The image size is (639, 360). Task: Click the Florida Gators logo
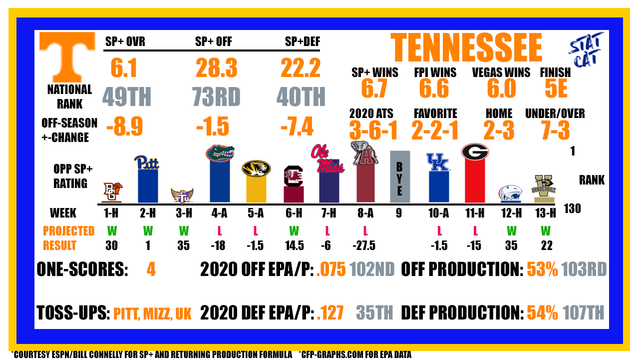tap(220, 153)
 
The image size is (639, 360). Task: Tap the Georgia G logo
tap(475, 151)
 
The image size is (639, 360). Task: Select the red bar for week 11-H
tap(475, 180)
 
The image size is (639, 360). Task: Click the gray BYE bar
tap(400, 176)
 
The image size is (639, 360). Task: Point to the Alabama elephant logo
tap(365, 153)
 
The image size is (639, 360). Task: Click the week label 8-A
tap(365, 213)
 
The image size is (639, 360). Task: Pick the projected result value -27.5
tap(364, 245)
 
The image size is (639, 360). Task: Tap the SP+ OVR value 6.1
tap(124, 68)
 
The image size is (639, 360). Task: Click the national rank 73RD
tap(216, 97)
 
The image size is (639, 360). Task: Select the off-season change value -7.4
tap(297, 126)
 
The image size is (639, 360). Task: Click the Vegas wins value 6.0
tap(502, 88)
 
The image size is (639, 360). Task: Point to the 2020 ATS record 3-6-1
tap(373, 130)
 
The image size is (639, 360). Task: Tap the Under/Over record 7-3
tap(556, 130)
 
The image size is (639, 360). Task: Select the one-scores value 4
tap(151, 269)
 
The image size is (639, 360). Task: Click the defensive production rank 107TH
tap(584, 312)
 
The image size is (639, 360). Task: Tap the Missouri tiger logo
tap(256, 168)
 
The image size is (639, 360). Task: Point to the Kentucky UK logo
tap(438, 162)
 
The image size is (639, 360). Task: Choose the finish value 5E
tap(556, 88)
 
